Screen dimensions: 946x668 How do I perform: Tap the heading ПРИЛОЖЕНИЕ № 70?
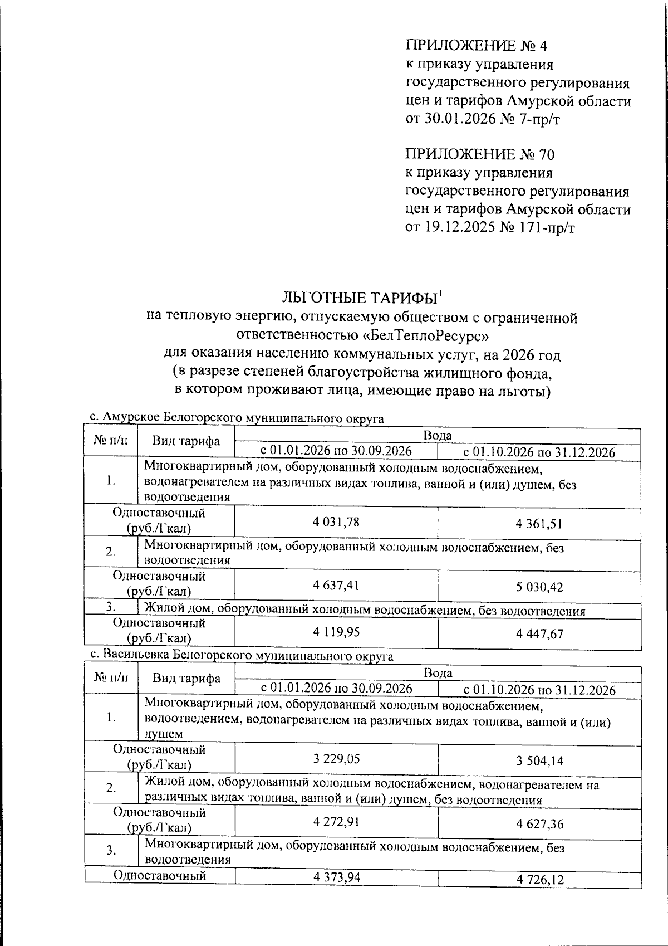click(479, 154)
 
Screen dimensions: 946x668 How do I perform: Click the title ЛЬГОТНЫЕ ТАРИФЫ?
click(360, 298)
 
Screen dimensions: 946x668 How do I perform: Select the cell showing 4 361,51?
click(539, 524)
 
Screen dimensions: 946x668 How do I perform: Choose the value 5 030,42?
click(539, 587)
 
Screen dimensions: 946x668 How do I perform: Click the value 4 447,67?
click(539, 633)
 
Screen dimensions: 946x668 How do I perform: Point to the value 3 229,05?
click(336, 758)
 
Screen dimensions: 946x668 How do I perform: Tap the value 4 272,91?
click(336, 821)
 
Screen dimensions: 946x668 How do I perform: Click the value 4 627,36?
click(539, 823)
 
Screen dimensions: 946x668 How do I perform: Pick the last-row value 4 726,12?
click(539, 879)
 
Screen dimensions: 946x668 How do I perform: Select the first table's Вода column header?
click(438, 435)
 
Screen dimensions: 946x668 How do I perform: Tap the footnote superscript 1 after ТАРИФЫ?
click(440, 292)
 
